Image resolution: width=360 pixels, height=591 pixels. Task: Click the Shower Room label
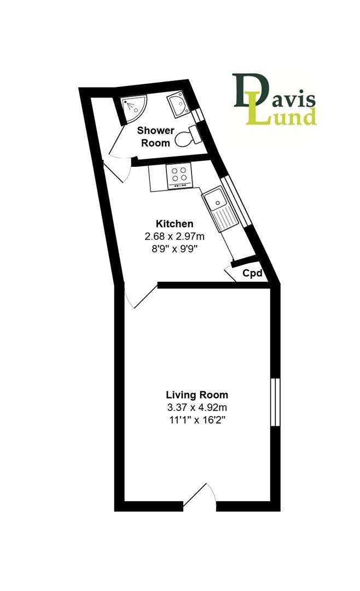coord(156,136)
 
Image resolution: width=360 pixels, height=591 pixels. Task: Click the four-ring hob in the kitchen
coord(179,175)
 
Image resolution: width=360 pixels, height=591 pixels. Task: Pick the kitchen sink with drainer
coord(220,210)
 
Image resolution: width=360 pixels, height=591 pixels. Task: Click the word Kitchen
coord(175,224)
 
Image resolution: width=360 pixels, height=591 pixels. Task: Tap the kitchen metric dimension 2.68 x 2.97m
coord(175,236)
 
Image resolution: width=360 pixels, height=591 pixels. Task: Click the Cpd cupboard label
coord(252,273)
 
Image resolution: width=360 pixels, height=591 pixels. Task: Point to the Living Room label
coord(197,395)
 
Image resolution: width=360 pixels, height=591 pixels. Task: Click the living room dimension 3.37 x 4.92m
coord(197,408)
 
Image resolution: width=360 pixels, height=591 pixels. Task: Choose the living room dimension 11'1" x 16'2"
coord(197,420)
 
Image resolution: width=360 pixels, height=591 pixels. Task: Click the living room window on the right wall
coord(276,402)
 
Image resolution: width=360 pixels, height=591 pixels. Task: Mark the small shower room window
coord(197,115)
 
